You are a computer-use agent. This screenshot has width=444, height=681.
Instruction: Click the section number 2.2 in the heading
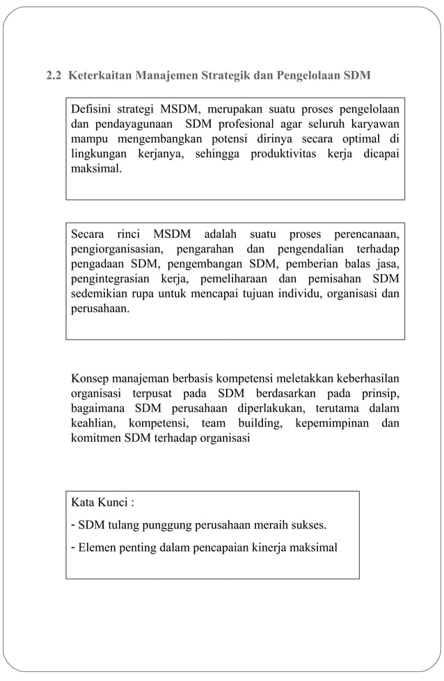54,75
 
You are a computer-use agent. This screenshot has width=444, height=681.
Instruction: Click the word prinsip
381,394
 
